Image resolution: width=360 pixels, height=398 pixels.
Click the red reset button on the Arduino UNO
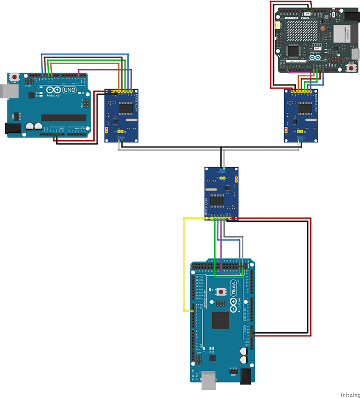14,77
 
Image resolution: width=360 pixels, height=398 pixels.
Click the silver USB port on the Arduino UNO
7,91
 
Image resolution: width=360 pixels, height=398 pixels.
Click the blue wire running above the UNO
85,54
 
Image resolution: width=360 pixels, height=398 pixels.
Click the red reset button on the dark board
351,68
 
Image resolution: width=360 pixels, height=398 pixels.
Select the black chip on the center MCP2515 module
217,200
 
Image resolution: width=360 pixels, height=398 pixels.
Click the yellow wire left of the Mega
184,265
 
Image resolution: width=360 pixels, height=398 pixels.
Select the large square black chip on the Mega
220,319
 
